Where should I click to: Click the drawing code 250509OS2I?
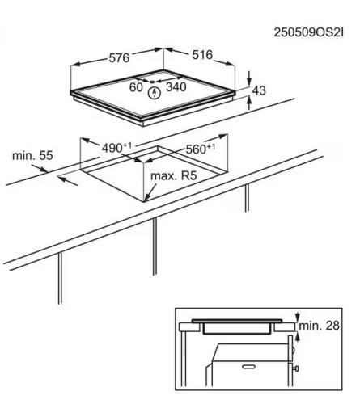click(x=309, y=32)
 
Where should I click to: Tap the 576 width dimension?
click(x=119, y=58)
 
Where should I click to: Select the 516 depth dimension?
click(x=202, y=55)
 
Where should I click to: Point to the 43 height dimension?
click(x=259, y=90)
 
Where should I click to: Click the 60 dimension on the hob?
click(x=136, y=87)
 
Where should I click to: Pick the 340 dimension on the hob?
click(x=176, y=87)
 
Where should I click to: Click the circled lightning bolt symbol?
click(x=155, y=93)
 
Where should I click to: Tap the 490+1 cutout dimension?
click(x=116, y=148)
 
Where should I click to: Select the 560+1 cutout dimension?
click(x=201, y=149)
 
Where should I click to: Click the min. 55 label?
click(x=32, y=156)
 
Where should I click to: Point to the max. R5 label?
click(x=174, y=176)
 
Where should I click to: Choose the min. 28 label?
click(x=320, y=326)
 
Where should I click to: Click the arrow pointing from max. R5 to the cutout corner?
click(x=150, y=192)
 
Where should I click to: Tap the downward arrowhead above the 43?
click(x=249, y=81)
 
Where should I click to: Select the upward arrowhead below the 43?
click(x=249, y=101)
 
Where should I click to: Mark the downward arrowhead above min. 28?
click(x=298, y=317)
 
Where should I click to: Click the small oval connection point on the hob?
click(x=152, y=82)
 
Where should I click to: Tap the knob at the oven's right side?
click(x=296, y=368)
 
